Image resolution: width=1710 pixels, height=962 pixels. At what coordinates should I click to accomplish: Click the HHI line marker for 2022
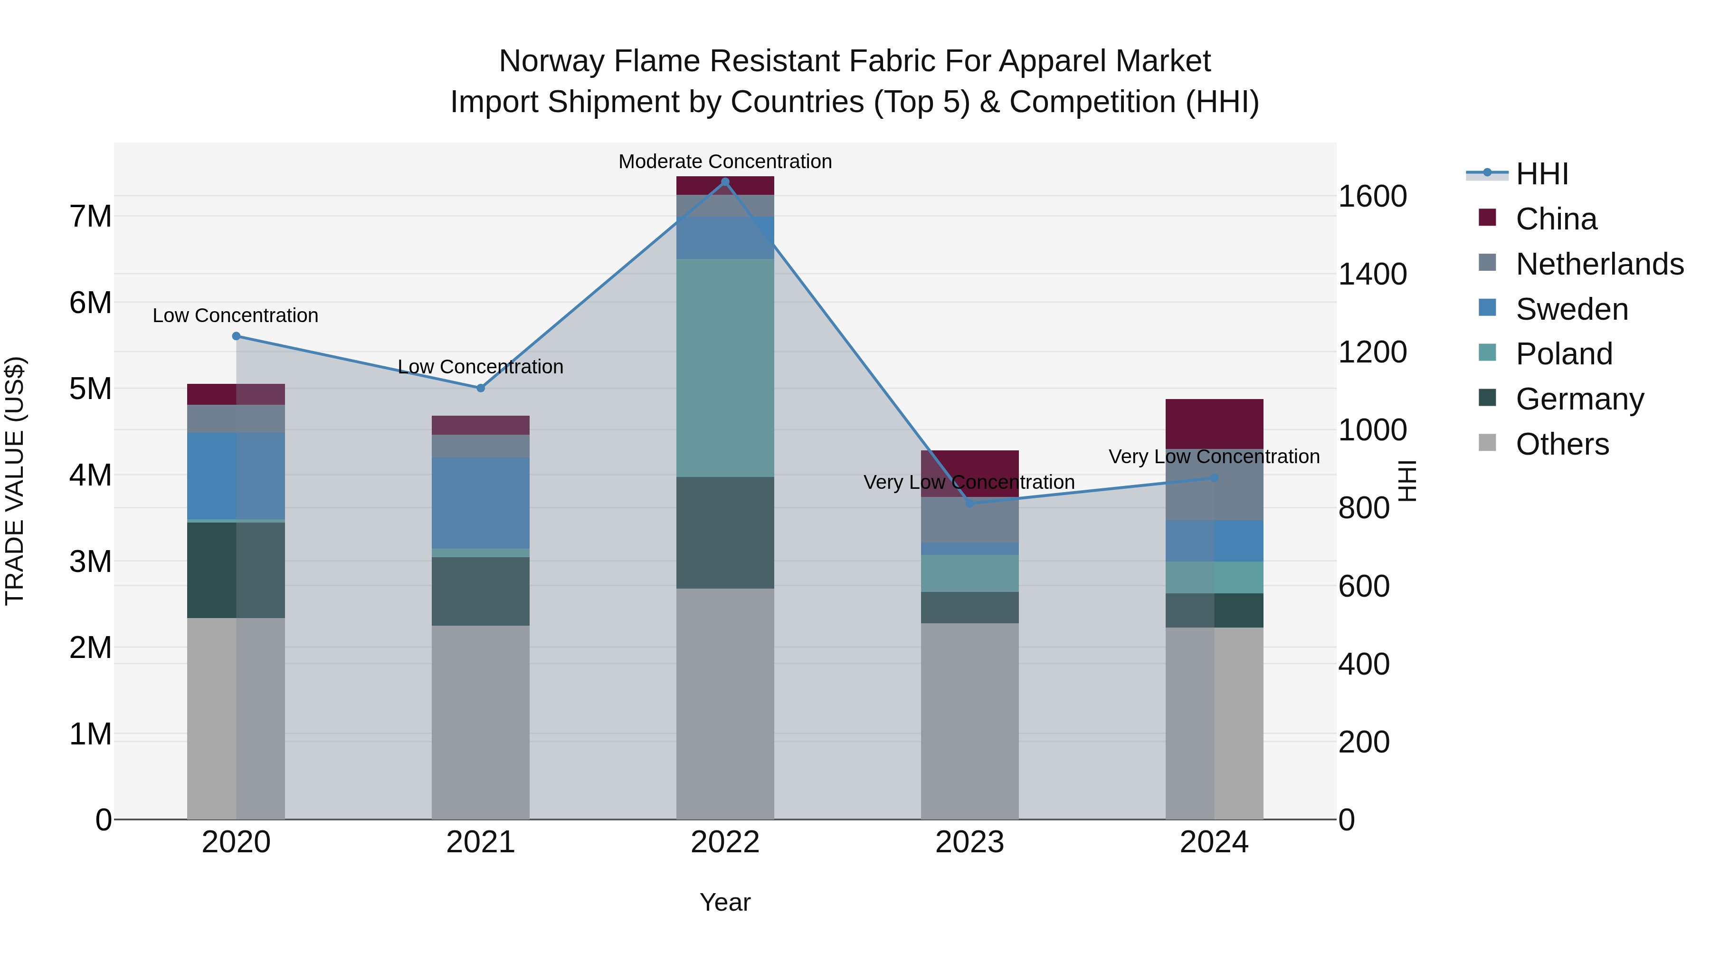point(725,182)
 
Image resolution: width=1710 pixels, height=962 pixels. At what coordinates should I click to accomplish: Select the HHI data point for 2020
point(237,336)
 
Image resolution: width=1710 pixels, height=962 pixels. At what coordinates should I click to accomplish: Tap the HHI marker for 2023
point(970,503)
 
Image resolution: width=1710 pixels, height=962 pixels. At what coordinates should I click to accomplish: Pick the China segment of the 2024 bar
point(1214,424)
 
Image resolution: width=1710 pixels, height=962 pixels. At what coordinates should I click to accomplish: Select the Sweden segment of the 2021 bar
point(481,503)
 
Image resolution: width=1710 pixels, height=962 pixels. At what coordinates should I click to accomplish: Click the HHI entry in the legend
point(1541,174)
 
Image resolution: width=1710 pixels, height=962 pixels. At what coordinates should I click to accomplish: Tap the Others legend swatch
point(1488,443)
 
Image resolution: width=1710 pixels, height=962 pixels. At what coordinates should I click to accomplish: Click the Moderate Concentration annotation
point(725,162)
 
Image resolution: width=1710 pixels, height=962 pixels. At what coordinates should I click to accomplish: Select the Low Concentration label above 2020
point(235,315)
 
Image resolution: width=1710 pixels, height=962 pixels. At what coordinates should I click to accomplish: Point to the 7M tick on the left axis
point(90,217)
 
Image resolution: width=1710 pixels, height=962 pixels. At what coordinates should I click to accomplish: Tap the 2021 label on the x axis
point(481,842)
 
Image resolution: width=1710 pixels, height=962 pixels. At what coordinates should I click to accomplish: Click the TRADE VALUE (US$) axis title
point(15,481)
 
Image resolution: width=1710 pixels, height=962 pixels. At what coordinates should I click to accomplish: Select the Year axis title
point(725,902)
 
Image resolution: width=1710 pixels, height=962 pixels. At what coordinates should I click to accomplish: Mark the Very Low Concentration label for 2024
point(1214,457)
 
